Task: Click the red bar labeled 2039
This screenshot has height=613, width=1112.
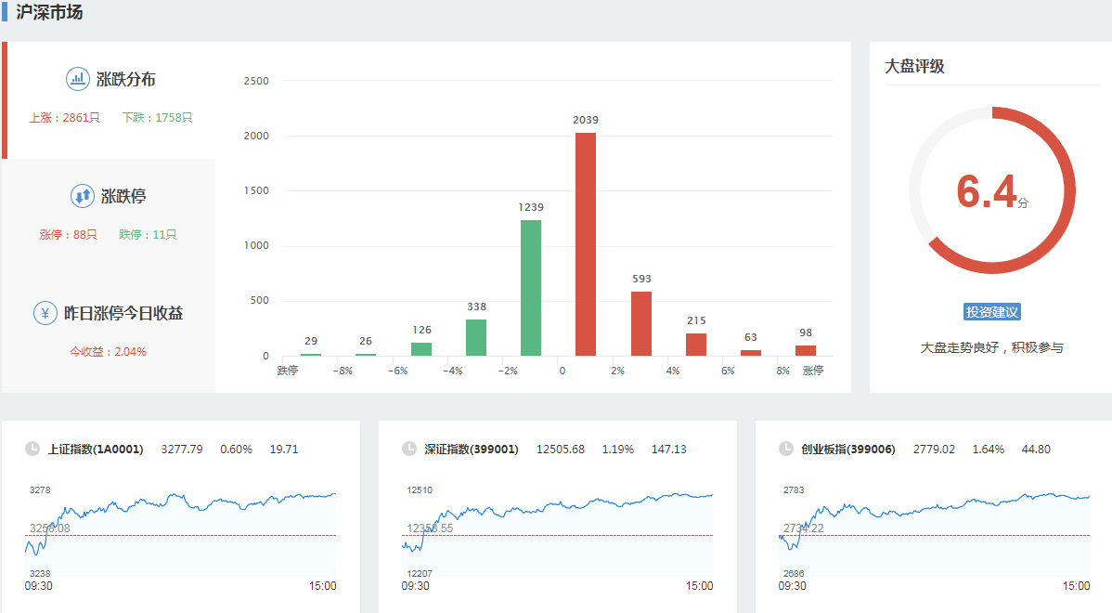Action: click(586, 243)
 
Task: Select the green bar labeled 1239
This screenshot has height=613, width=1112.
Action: click(531, 287)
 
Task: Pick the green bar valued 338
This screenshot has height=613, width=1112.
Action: click(476, 337)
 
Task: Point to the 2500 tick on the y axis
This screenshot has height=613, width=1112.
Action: click(256, 81)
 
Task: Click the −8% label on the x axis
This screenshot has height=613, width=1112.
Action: click(342, 371)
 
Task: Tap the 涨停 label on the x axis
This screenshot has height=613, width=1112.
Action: click(813, 371)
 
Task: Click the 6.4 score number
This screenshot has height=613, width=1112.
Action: click(987, 192)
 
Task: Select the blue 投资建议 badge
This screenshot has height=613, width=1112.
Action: click(992, 312)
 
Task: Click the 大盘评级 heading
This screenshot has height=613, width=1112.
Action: click(914, 67)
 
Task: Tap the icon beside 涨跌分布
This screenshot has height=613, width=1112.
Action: click(77, 79)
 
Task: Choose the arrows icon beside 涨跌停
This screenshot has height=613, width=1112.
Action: click(82, 196)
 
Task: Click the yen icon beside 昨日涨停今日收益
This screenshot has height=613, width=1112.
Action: click(45, 313)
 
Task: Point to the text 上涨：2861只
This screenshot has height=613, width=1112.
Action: click(64, 118)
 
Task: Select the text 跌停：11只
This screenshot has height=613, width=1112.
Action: click(148, 235)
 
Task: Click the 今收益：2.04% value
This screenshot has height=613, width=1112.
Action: click(108, 352)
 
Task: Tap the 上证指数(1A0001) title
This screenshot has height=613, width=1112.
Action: click(96, 450)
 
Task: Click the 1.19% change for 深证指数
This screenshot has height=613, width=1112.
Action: click(617, 450)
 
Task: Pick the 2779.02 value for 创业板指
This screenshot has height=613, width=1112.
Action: click(934, 450)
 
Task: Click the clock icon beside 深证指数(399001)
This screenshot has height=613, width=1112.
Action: click(409, 450)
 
